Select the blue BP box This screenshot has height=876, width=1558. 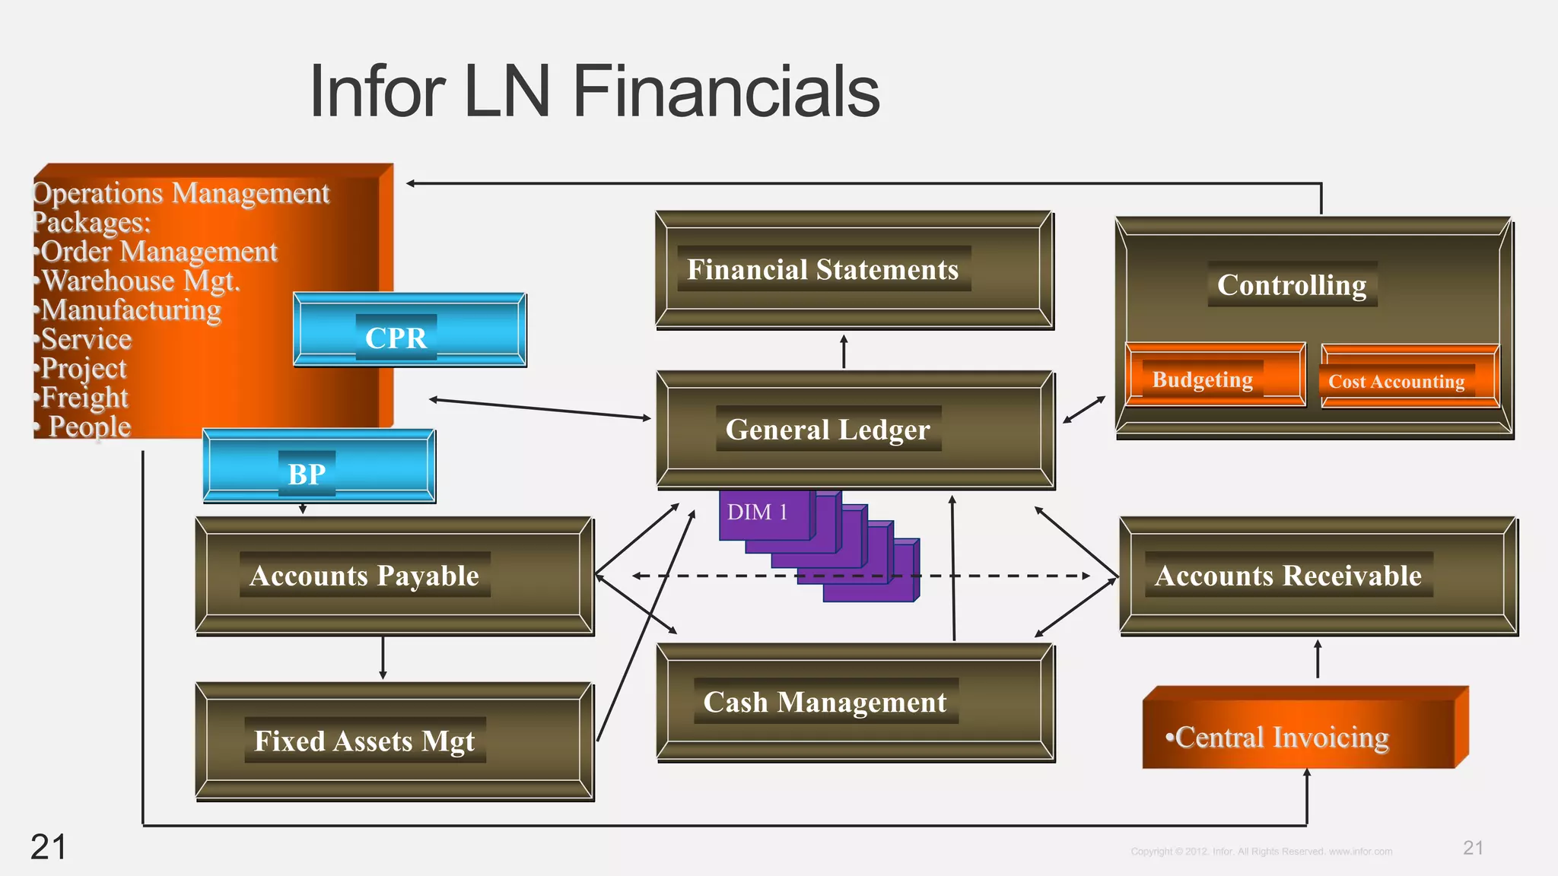319,467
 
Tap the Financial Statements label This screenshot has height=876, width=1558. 822,270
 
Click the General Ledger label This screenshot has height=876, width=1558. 828,430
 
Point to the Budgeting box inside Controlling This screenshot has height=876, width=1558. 1203,379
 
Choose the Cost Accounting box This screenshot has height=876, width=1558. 1397,382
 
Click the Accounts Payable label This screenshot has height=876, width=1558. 364,576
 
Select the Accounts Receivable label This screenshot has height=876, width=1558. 1288,576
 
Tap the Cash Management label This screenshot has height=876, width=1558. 825,702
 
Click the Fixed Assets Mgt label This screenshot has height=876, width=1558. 364,741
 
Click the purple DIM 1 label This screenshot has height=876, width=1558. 757,513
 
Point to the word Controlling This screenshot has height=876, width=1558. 1292,285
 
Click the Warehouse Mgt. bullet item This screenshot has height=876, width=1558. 141,281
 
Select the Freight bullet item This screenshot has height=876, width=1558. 84,398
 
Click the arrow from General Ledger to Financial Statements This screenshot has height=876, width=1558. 844,351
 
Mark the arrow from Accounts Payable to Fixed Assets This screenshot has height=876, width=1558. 383,659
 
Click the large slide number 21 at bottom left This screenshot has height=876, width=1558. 48,847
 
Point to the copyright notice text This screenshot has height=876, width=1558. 1261,852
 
